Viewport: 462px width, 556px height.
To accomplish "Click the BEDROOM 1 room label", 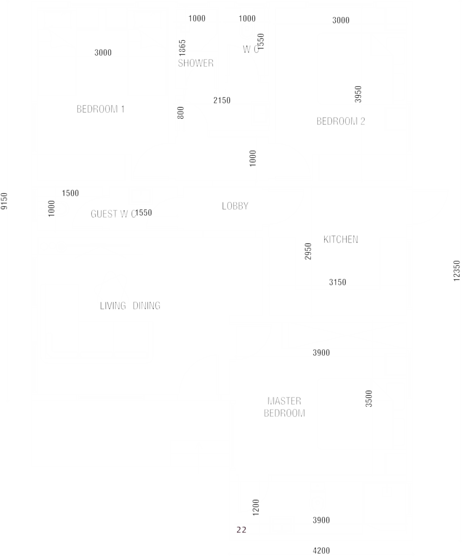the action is click(x=101, y=109).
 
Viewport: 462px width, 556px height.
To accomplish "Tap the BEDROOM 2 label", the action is click(x=341, y=121).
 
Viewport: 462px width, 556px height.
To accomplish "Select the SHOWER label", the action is click(x=196, y=63).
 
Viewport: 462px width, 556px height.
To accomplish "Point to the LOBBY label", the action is click(x=235, y=206).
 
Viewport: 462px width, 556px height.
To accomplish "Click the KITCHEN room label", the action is click(x=341, y=240).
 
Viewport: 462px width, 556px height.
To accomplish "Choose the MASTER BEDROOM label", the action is click(x=285, y=407).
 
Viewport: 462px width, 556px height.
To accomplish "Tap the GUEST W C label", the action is click(x=113, y=214).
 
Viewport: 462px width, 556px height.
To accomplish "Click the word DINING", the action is click(x=146, y=306).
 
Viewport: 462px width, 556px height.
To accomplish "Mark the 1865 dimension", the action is click(x=182, y=48).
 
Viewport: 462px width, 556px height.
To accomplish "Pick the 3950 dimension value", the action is click(x=358, y=94).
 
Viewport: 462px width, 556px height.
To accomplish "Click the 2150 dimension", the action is click(x=222, y=101).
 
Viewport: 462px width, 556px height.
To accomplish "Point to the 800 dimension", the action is click(x=181, y=113).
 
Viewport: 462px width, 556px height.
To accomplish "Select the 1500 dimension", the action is click(x=70, y=193).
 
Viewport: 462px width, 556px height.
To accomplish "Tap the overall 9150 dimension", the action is click(x=4, y=201).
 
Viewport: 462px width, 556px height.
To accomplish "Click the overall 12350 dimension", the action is click(x=456, y=271).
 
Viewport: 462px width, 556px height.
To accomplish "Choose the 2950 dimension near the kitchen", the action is click(x=308, y=252).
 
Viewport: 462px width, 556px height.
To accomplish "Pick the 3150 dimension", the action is click(x=338, y=282).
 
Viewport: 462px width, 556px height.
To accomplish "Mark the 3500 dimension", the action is click(x=368, y=398).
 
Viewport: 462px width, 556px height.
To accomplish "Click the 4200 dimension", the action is click(x=321, y=551).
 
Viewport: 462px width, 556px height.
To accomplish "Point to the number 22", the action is click(x=241, y=530).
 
